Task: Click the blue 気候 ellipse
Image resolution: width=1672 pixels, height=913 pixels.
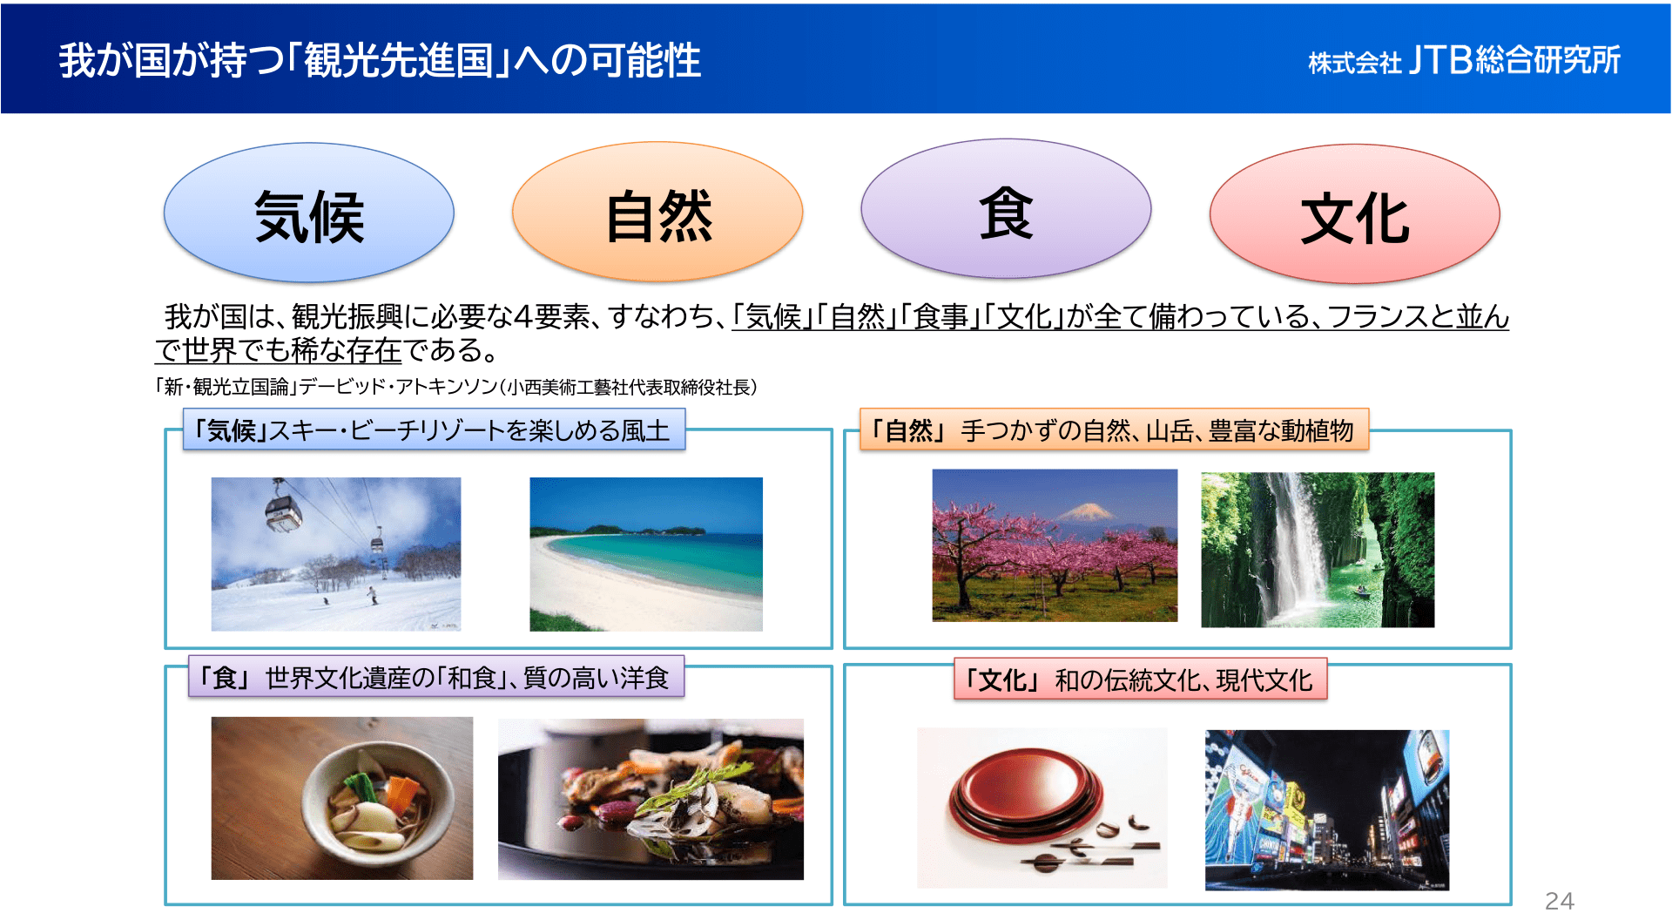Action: coord(309,213)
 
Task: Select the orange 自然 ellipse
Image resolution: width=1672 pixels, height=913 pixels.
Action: coord(657,212)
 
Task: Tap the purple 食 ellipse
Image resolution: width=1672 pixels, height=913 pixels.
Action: coord(1006,209)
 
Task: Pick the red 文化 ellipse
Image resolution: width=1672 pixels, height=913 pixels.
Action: coord(1355,214)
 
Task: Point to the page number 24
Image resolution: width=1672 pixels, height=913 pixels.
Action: coord(1559,901)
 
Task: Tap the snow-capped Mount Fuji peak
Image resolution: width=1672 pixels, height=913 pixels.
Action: coord(1086,511)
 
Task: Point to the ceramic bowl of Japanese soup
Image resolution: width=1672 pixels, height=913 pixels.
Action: coord(378,802)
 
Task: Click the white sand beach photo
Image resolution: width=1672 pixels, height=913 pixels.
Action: coord(646,554)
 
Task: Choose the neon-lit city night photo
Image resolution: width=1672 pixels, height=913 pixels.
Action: coord(1327,810)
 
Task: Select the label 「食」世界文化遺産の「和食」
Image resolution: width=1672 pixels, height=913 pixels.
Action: coord(436,677)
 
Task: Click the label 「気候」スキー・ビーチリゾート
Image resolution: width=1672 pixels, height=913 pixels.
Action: coord(434,429)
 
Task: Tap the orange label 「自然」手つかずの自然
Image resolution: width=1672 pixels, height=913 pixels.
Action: coord(1114,429)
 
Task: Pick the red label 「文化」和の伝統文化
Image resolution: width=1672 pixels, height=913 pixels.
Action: coord(1140,680)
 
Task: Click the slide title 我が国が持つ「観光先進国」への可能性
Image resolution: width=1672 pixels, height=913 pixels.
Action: coord(380,60)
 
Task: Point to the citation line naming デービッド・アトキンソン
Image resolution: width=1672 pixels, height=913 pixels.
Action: coord(456,387)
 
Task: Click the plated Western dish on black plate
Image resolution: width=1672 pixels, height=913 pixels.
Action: coord(651,800)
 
